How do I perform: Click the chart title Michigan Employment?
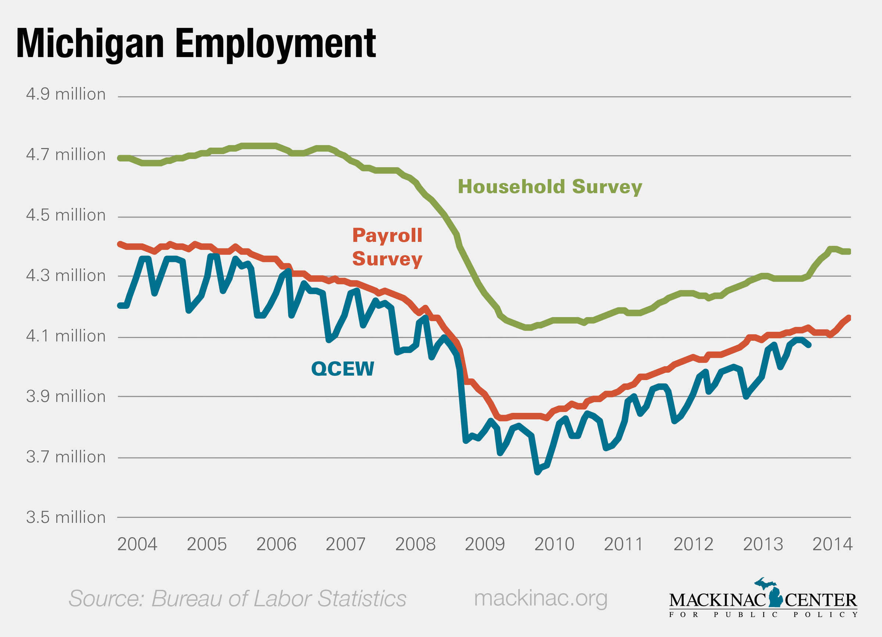coord(196,44)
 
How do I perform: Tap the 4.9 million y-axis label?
coord(66,94)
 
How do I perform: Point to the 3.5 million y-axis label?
coord(66,518)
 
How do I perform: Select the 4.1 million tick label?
coord(66,336)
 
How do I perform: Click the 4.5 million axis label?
coord(66,215)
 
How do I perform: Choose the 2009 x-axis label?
coord(485,544)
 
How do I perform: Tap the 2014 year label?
coord(832,544)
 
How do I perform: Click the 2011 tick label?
coord(623,544)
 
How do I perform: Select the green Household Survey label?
coord(550,187)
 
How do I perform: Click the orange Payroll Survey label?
coord(387,247)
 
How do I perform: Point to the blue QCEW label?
coord(343,369)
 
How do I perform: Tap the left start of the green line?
coord(120,158)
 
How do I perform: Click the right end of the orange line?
coord(849,318)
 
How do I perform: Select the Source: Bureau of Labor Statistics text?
coord(237,598)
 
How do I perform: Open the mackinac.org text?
coord(541,598)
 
